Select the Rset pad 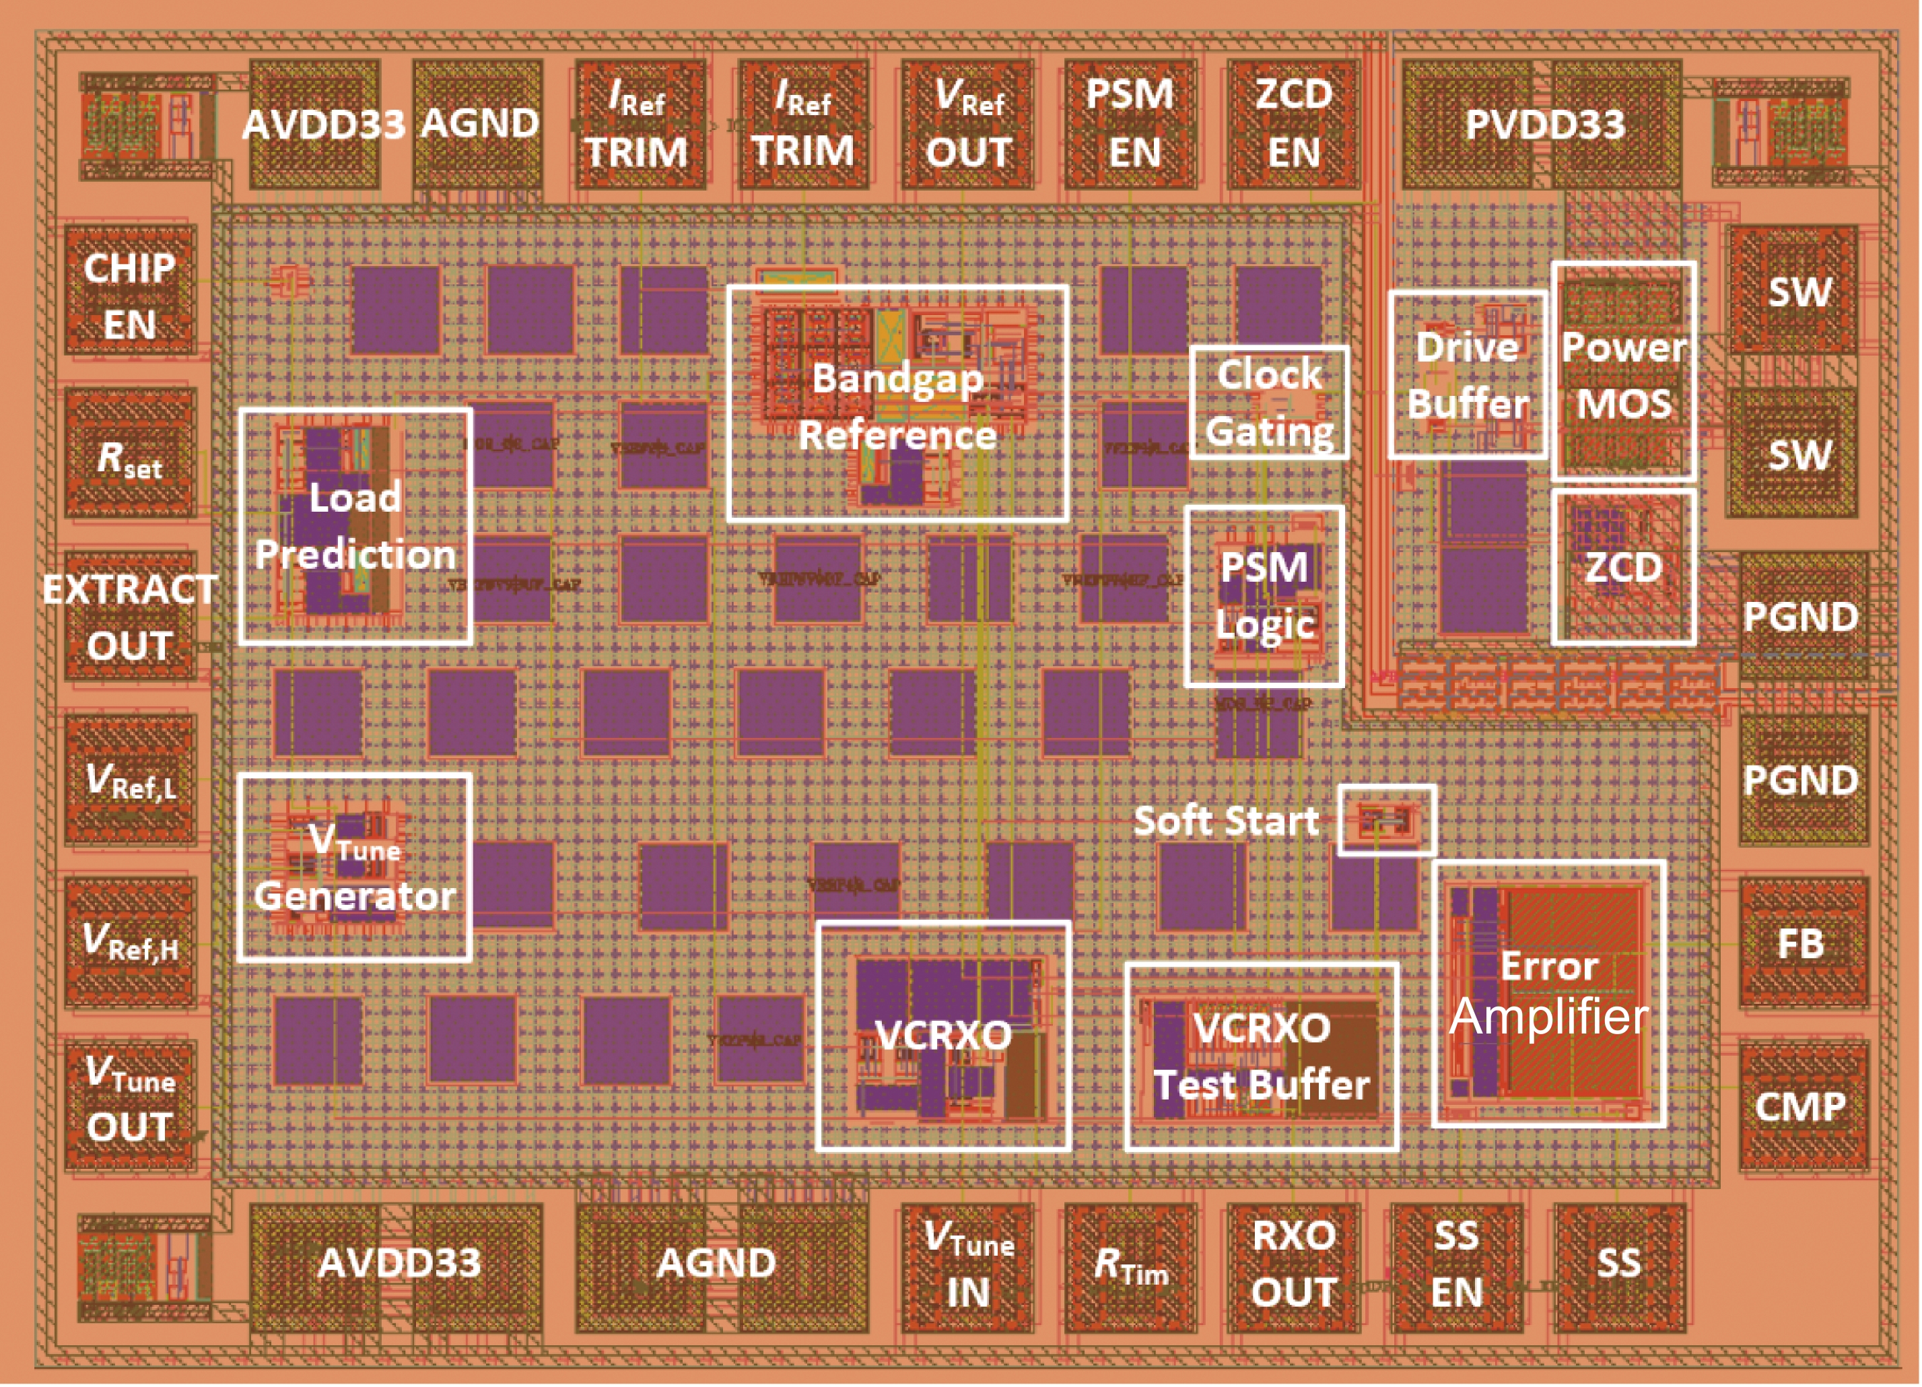131,455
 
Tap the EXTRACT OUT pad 131,617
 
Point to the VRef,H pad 131,942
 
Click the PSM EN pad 1130,124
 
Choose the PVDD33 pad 1542,124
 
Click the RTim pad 1130,1266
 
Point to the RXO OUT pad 1293,1266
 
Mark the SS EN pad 1456,1266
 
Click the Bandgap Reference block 897,403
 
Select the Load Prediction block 355,527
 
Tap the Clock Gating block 1268,403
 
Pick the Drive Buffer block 1468,376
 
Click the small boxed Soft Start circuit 1386,820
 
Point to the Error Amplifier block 1548,994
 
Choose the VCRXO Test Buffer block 1261,1056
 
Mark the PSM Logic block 1264,596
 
